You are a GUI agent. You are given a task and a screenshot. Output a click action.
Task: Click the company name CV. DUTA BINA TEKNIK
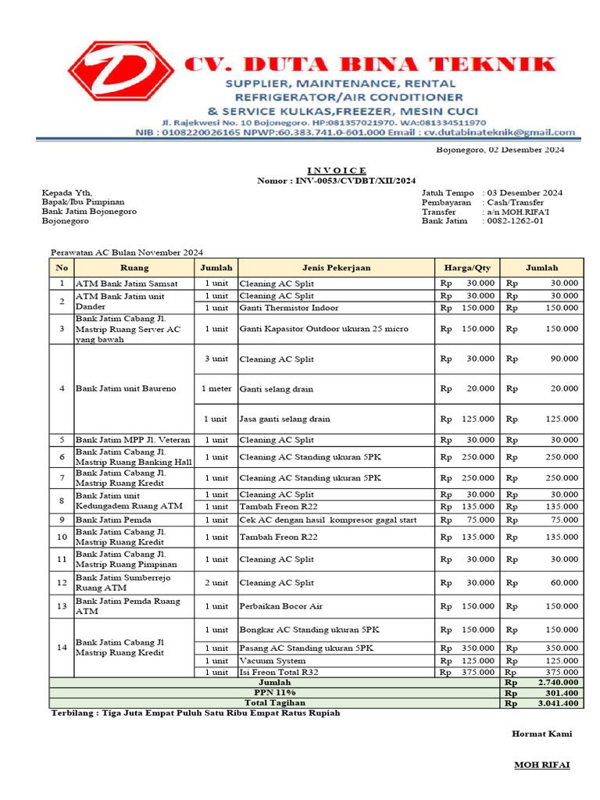coord(370,64)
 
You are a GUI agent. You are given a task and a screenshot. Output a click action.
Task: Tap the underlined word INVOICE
coord(336,170)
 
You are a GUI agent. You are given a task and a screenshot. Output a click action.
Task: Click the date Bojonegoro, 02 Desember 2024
coord(500,149)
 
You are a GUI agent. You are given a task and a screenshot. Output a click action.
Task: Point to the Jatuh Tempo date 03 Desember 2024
coord(525,192)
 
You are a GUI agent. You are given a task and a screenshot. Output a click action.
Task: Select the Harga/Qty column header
coord(466,267)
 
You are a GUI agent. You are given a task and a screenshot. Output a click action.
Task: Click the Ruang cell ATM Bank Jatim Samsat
coord(127,283)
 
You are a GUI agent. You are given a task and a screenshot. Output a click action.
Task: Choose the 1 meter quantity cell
coord(216,388)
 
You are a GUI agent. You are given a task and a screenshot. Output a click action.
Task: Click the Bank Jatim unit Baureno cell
coord(126,388)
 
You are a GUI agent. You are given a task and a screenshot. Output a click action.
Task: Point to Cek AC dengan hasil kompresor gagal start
coord(327,520)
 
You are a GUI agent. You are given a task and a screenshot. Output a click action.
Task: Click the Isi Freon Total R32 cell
coord(278,672)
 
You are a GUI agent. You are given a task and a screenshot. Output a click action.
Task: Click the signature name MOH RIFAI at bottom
coord(541,764)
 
